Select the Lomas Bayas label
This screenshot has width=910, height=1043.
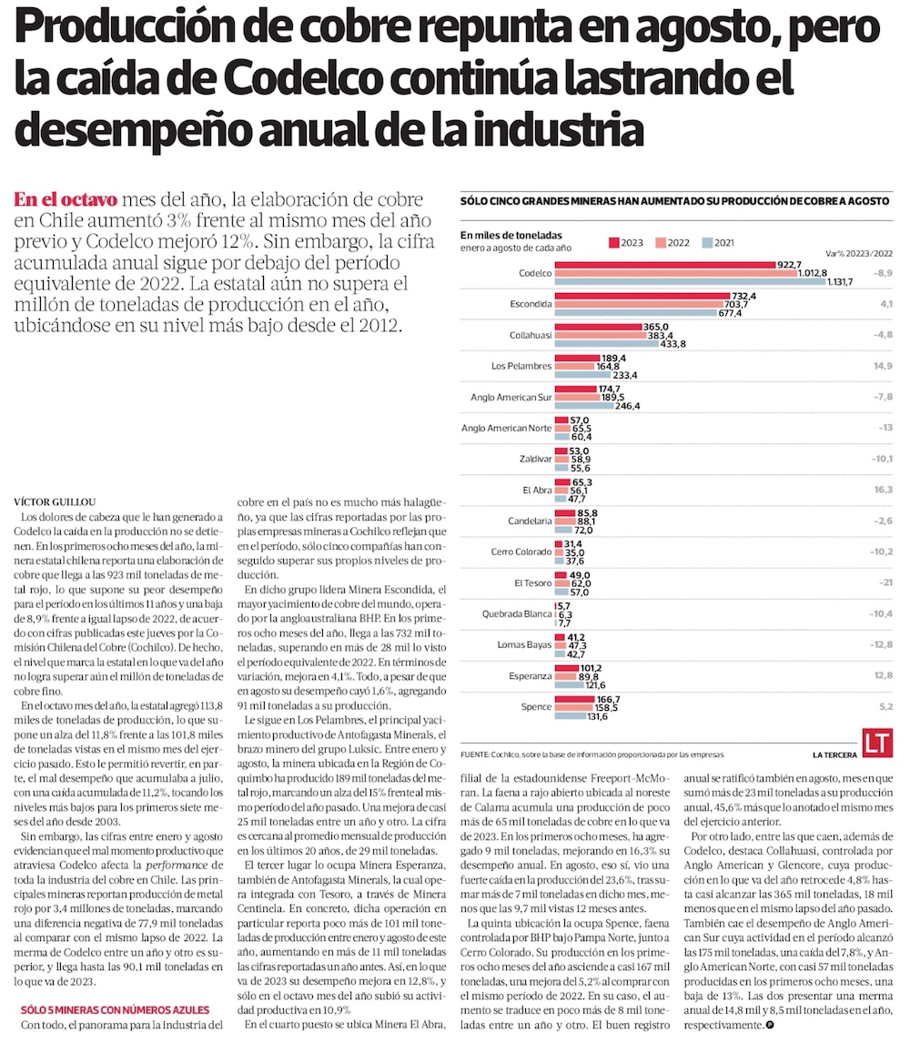(526, 645)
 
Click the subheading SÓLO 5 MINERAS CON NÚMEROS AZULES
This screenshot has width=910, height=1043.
(116, 1010)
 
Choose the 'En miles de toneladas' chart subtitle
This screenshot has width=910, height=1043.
(511, 235)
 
